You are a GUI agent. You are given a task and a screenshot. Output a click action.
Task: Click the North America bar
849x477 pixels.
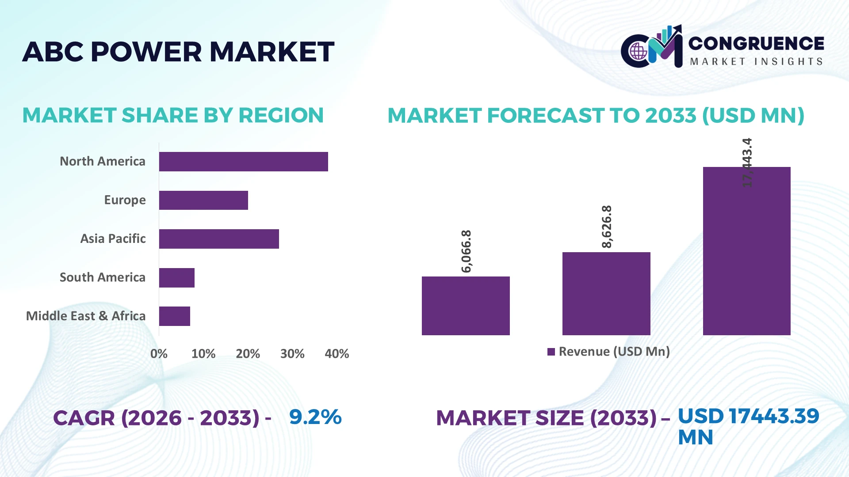(244, 162)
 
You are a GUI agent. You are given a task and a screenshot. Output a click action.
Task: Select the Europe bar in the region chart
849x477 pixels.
(203, 200)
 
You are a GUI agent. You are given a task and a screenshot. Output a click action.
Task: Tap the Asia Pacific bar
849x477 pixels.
(219, 239)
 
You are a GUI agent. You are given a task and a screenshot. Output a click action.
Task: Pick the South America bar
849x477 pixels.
(177, 278)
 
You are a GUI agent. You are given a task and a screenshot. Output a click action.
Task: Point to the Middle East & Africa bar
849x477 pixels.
(175, 316)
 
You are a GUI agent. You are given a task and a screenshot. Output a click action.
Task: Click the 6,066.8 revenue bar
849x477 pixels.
(466, 306)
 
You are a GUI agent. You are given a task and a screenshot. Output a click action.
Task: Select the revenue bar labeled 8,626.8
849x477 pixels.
(606, 294)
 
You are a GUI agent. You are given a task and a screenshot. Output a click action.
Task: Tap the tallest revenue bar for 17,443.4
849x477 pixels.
(747, 251)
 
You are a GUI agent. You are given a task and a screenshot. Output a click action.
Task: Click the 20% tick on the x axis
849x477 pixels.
(248, 354)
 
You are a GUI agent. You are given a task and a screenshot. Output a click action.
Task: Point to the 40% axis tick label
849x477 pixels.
(337, 354)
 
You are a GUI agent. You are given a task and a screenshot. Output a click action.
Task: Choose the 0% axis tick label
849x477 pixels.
(159, 354)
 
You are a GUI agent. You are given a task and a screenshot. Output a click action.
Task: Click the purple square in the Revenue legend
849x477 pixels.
(551, 352)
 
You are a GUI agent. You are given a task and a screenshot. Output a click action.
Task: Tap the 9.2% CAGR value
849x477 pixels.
(315, 417)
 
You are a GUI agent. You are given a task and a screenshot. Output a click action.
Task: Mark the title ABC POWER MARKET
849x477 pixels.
(178, 52)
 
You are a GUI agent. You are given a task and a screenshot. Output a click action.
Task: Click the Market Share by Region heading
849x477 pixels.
(173, 115)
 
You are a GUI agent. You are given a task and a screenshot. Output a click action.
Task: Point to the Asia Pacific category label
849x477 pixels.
(113, 239)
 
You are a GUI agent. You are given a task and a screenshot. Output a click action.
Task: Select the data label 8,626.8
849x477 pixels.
(607, 227)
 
